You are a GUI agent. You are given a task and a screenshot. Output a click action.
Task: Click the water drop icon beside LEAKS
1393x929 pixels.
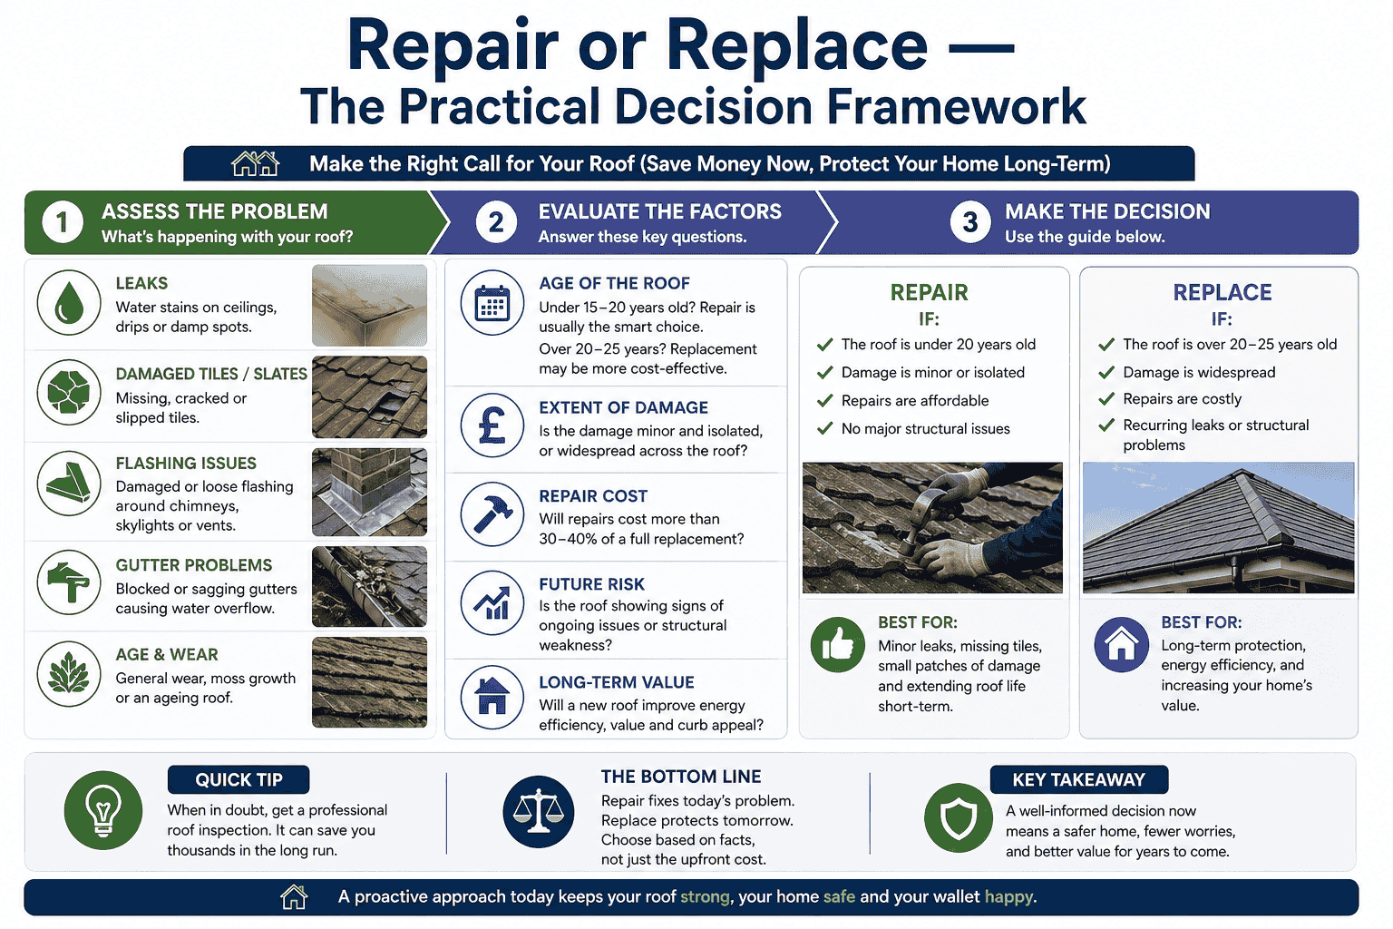click(69, 303)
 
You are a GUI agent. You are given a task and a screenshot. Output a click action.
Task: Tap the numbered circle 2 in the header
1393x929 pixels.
click(496, 222)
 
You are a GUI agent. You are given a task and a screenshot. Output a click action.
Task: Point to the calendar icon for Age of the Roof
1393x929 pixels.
click(492, 303)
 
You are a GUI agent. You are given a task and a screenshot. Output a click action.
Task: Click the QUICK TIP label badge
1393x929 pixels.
click(239, 779)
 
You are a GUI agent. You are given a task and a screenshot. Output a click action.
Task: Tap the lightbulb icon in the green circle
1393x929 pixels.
click(103, 810)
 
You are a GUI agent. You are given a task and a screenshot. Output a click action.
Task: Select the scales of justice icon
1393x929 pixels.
click(539, 811)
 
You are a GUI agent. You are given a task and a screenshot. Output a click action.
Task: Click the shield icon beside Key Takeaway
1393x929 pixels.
click(959, 817)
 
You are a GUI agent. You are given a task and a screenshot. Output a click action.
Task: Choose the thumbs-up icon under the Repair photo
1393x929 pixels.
click(837, 645)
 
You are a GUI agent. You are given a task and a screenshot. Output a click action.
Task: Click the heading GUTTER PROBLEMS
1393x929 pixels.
click(193, 565)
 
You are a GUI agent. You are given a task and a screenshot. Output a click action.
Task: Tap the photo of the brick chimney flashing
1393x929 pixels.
click(369, 492)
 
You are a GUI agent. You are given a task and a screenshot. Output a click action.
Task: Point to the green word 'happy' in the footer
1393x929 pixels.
click(1008, 896)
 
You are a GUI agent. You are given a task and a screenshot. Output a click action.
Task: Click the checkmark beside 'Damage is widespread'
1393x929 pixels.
click(1106, 372)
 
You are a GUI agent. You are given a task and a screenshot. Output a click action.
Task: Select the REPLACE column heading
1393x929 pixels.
click(1222, 292)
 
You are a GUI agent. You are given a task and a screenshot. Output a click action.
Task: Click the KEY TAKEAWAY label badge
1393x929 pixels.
click(1078, 779)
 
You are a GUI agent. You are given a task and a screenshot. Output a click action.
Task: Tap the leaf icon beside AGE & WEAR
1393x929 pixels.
click(69, 674)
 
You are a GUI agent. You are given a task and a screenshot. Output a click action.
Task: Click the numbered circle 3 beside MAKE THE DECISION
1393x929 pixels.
click(969, 222)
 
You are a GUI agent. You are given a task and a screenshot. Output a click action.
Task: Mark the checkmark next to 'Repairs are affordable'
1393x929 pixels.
click(824, 400)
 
